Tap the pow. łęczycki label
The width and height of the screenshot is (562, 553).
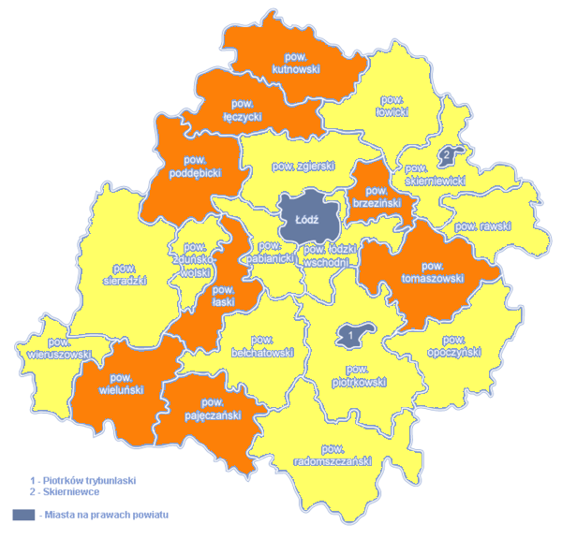coord(243,109)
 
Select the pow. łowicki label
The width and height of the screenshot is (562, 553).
coord(392,106)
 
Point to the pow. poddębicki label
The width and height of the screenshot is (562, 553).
coord(195,167)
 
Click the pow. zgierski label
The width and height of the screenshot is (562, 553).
coord(303,167)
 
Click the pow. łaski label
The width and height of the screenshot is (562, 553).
coord(222,295)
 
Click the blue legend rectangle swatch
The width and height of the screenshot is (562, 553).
coord(24,515)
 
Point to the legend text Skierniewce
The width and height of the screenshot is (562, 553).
coord(65,491)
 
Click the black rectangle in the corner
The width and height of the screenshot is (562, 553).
coord(514,527)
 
